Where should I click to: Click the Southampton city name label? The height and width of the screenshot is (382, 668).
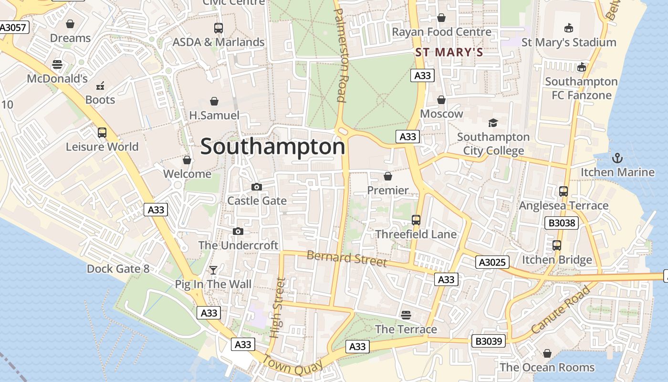pyautogui.click(x=272, y=147)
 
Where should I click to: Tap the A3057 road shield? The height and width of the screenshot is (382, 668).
pyautogui.click(x=13, y=27)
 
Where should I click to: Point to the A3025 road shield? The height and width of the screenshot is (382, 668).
pyautogui.click(x=492, y=262)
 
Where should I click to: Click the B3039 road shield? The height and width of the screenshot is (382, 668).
pyautogui.click(x=489, y=341)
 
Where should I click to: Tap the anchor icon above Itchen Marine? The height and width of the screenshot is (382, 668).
pyautogui.click(x=617, y=157)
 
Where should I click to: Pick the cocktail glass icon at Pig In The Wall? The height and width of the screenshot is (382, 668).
pyautogui.click(x=213, y=270)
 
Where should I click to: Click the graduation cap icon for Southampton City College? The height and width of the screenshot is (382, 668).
pyautogui.click(x=493, y=123)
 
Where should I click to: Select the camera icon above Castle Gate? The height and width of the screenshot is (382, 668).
pyautogui.click(x=257, y=187)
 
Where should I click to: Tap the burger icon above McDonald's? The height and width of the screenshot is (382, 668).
pyautogui.click(x=57, y=64)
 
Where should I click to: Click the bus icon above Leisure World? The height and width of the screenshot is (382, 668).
pyautogui.click(x=102, y=132)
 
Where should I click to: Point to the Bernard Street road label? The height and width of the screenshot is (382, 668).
pyautogui.click(x=346, y=258)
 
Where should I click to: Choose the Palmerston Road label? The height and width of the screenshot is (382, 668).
pyautogui.click(x=340, y=55)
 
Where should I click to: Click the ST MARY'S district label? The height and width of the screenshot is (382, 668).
pyautogui.click(x=449, y=52)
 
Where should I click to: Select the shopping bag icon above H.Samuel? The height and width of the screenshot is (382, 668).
pyautogui.click(x=214, y=101)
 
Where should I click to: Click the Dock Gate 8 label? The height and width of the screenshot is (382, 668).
pyautogui.click(x=118, y=269)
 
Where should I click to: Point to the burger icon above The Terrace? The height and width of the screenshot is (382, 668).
pyautogui.click(x=406, y=315)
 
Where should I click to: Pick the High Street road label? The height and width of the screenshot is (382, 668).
pyautogui.click(x=277, y=308)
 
